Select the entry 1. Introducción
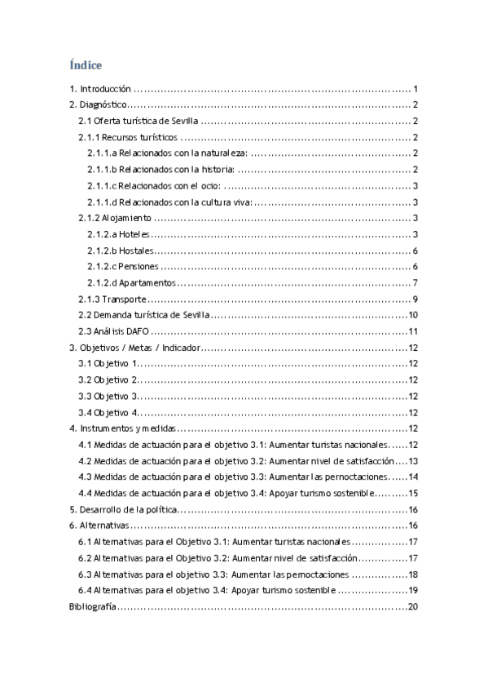99,89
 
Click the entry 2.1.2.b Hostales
121,251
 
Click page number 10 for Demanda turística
413,315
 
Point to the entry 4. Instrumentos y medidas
123,428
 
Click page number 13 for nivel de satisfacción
413,460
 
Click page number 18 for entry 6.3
413,574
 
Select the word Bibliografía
91,606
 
